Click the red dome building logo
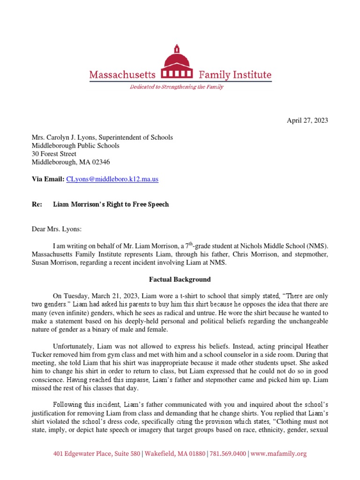(x=176, y=64)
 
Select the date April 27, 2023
(x=307, y=120)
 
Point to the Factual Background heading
(x=180, y=279)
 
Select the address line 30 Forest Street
(x=54, y=154)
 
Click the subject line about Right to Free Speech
(x=111, y=204)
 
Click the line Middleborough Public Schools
(x=75, y=146)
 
